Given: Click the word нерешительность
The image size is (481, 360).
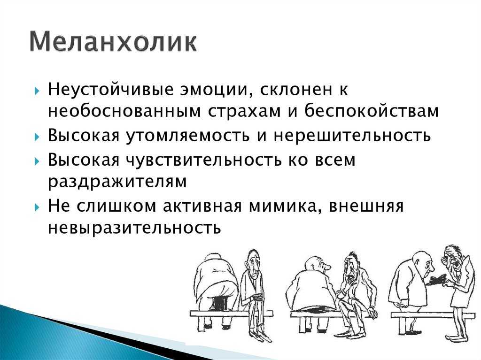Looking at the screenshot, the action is [x=352, y=135].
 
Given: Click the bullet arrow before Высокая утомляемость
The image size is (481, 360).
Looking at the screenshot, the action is [x=37, y=136].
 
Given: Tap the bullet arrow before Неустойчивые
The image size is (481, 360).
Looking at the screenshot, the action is [x=37, y=91].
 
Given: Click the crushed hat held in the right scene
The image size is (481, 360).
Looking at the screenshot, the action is [x=436, y=280].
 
